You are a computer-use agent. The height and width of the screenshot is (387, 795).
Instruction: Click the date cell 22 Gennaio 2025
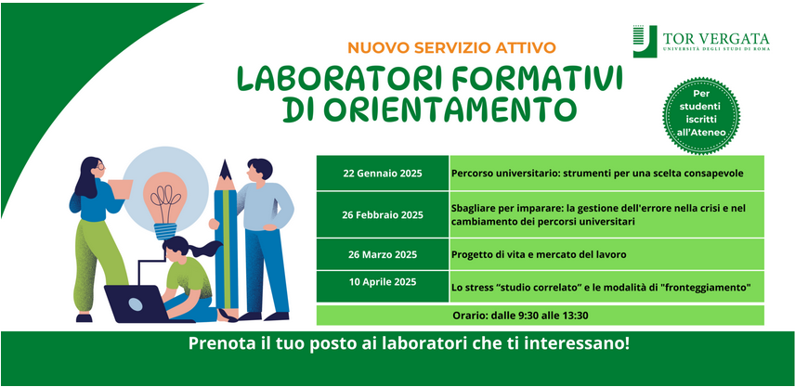(383, 174)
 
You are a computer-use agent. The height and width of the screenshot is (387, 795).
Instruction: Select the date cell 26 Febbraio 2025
(383, 214)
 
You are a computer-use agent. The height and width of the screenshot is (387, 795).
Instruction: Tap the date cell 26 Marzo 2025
(383, 254)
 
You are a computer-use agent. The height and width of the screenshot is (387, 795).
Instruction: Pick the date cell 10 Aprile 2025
(383, 286)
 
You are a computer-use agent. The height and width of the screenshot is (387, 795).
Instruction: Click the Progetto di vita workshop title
(539, 254)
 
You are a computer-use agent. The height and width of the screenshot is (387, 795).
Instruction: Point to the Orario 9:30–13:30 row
(540, 315)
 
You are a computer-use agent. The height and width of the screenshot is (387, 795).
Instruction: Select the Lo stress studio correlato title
(601, 288)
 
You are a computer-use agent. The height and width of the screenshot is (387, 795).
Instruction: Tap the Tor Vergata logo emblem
(645, 41)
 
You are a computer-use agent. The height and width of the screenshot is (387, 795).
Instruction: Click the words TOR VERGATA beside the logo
(716, 38)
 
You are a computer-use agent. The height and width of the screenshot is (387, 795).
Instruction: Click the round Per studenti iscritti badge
(700, 115)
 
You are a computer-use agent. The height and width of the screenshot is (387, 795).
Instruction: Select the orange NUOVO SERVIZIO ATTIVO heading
(451, 48)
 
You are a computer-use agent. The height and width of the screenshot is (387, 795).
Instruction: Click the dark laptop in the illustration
(137, 303)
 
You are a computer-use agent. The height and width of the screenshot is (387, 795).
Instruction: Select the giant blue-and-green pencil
(226, 239)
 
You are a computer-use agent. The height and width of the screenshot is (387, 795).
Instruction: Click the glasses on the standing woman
(100, 165)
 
